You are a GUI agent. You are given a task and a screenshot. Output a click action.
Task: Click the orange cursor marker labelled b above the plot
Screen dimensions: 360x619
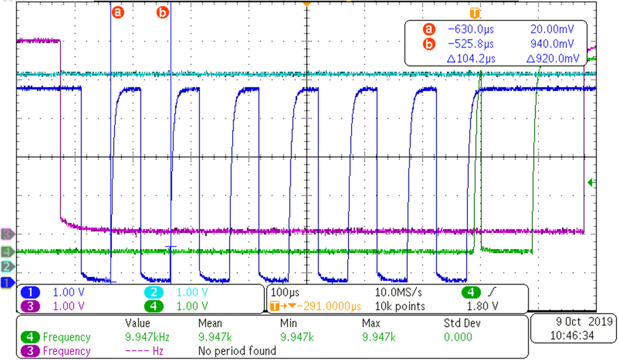163,12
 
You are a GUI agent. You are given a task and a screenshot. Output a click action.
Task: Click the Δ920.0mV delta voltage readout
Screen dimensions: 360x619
552,58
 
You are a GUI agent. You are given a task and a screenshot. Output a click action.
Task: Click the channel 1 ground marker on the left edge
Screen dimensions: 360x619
7,283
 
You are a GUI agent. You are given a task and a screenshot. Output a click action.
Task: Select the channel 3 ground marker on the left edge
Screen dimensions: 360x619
7,234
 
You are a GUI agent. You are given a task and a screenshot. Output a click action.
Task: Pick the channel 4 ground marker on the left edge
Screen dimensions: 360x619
7,252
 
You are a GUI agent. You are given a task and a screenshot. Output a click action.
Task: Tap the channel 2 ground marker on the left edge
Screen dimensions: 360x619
7,267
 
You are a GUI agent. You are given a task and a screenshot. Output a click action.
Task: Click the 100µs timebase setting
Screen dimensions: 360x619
282,291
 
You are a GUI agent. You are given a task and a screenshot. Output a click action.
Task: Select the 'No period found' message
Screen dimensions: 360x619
236,351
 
